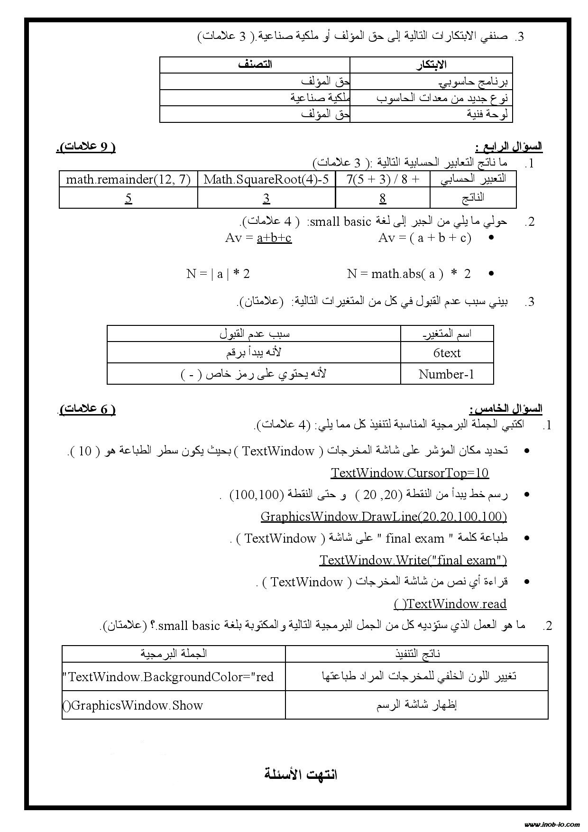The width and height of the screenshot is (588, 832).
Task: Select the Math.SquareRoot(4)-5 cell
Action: tap(266, 179)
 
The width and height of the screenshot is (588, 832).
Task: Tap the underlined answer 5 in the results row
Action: tap(129, 198)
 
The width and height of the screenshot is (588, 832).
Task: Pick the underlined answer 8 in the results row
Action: tap(383, 198)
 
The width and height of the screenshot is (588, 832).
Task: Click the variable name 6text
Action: tap(447, 353)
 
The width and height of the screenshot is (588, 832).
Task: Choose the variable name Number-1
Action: tap(447, 374)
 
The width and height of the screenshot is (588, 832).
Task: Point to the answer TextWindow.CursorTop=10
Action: tap(410, 473)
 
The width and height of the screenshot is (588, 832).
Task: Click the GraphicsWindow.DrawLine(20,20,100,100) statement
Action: tap(384, 517)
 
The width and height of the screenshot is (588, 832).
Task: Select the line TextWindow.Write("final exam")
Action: tap(413, 560)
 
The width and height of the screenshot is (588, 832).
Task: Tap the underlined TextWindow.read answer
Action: tap(450, 604)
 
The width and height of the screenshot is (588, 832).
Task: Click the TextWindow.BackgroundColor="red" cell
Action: tap(168, 676)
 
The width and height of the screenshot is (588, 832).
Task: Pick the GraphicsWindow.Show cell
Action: tap(133, 705)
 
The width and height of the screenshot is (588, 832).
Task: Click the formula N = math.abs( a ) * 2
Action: tap(409, 274)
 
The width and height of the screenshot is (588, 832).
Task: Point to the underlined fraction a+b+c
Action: tap(274, 238)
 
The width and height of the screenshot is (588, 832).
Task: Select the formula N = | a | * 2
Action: tap(218, 274)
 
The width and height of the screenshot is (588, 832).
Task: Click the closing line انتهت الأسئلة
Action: tap(301, 774)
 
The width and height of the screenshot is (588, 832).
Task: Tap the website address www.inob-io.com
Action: tap(552, 824)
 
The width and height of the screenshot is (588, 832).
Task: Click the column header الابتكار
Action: tap(431, 65)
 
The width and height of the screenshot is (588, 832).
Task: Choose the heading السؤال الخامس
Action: tap(505, 408)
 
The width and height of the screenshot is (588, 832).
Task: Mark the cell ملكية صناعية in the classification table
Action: tap(320, 98)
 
